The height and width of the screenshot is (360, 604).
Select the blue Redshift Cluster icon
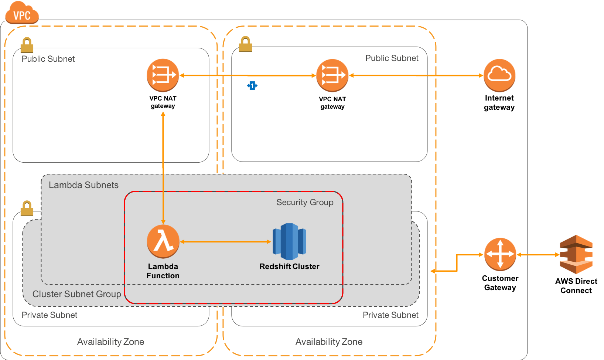(289, 241)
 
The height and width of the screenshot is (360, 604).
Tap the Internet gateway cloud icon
(499, 75)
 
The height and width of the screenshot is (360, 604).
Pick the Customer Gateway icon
(500, 254)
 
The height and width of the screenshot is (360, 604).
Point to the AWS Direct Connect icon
(576, 254)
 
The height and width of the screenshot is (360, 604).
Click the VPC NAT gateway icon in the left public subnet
(163, 75)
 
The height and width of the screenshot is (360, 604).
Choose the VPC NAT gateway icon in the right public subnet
(332, 75)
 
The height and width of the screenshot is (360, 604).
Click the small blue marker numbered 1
(252, 86)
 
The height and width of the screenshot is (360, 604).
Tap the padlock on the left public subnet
(27, 45)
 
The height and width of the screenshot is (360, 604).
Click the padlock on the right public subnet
(245, 44)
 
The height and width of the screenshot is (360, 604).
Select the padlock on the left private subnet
(27, 208)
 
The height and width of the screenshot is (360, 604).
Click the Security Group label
(305, 202)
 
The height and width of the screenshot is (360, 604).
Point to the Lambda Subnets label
(83, 185)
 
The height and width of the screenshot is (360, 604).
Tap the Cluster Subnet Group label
(76, 294)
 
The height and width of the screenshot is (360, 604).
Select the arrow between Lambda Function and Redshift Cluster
(225, 241)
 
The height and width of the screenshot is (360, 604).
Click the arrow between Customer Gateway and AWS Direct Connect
(538, 255)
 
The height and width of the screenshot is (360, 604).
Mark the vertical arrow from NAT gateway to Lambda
(163, 168)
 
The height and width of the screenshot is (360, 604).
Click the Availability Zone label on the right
(329, 342)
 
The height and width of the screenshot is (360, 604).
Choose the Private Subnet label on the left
(50, 315)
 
